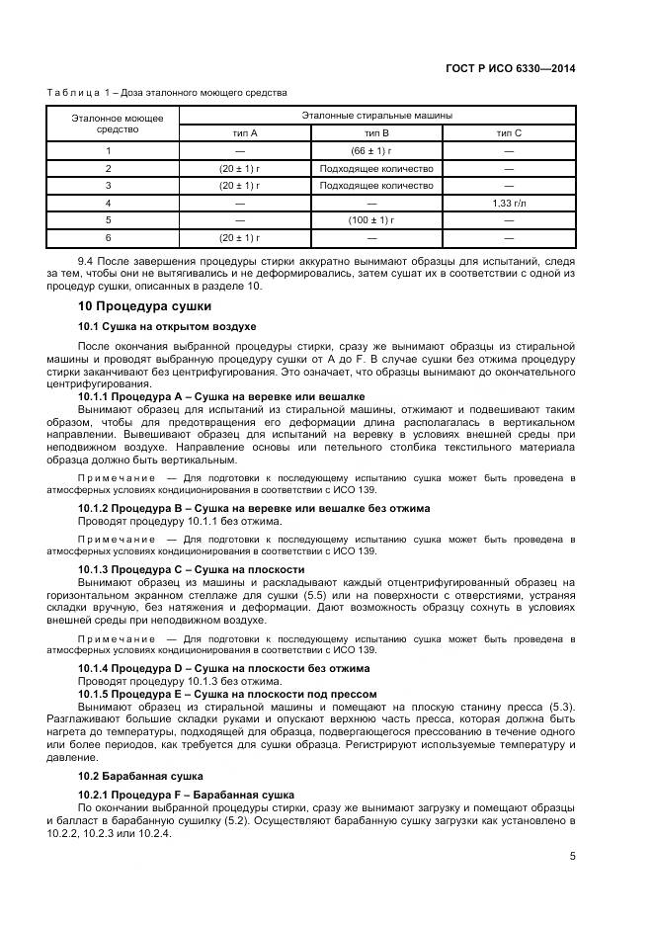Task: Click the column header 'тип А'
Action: (x=239, y=132)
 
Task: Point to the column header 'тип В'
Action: (x=376, y=132)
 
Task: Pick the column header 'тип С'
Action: (x=509, y=132)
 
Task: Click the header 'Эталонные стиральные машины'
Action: (x=376, y=116)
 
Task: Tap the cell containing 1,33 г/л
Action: (x=509, y=203)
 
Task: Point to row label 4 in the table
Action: (x=109, y=203)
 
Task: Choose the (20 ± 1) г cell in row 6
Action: (x=239, y=237)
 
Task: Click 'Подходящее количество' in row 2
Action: (x=376, y=168)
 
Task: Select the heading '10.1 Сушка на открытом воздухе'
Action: (x=167, y=326)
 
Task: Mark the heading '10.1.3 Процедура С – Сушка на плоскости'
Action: (x=191, y=570)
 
